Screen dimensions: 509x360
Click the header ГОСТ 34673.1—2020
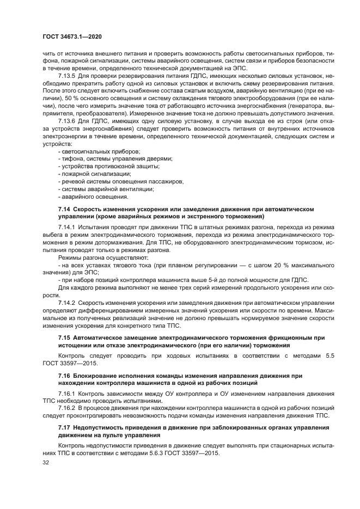click(72, 36)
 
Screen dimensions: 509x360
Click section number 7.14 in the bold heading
click(64, 209)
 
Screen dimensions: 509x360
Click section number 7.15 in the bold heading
click(64, 338)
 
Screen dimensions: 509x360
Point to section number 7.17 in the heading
click(64, 427)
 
